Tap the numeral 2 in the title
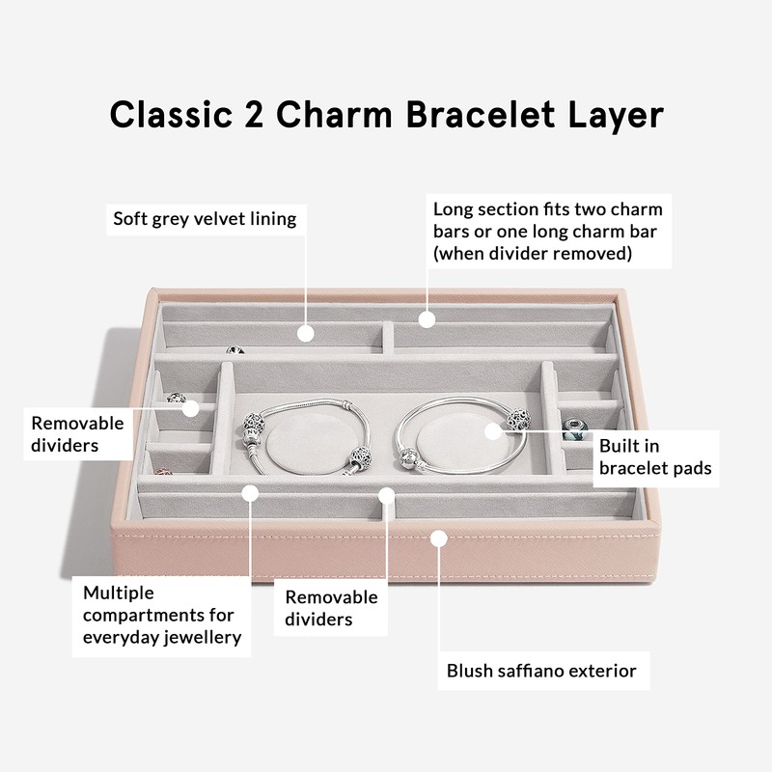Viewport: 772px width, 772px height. (x=255, y=114)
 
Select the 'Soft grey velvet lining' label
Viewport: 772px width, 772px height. (x=205, y=219)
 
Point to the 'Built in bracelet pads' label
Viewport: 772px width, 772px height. (x=654, y=457)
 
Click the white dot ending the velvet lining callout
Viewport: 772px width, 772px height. (x=307, y=333)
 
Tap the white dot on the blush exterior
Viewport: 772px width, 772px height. (x=440, y=537)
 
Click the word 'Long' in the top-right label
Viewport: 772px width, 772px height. (x=453, y=209)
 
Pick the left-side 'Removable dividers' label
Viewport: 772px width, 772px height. (x=77, y=434)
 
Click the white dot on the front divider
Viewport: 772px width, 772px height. (x=387, y=495)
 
